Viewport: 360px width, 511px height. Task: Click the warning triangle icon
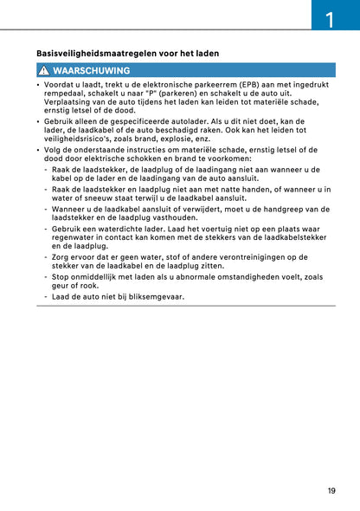tap(42, 70)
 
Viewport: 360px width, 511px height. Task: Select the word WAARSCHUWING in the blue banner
tap(91, 70)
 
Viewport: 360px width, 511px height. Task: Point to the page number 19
tap(331, 491)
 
